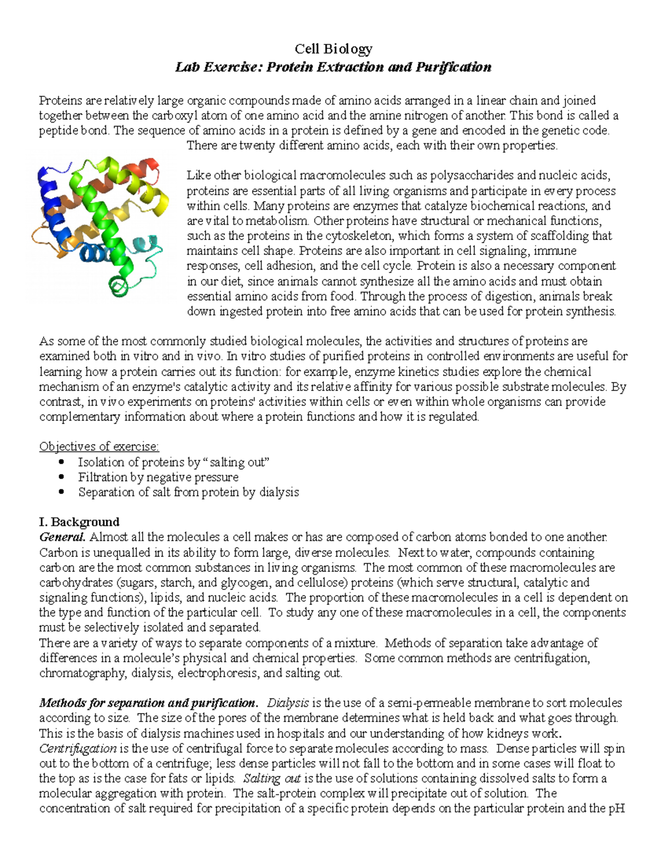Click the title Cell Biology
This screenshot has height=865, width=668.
click(x=333, y=49)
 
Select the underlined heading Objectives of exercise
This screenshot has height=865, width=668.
click(x=99, y=447)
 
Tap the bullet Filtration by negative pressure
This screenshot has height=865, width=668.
click(x=158, y=477)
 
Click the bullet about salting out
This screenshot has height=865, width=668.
click(x=174, y=462)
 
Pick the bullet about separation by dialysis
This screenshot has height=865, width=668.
click(x=188, y=492)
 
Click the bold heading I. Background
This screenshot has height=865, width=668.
click(x=79, y=522)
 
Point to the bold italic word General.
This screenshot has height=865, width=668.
click(x=62, y=537)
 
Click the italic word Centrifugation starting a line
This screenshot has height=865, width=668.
click(x=78, y=749)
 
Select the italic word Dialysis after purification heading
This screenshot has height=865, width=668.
click(x=288, y=703)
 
